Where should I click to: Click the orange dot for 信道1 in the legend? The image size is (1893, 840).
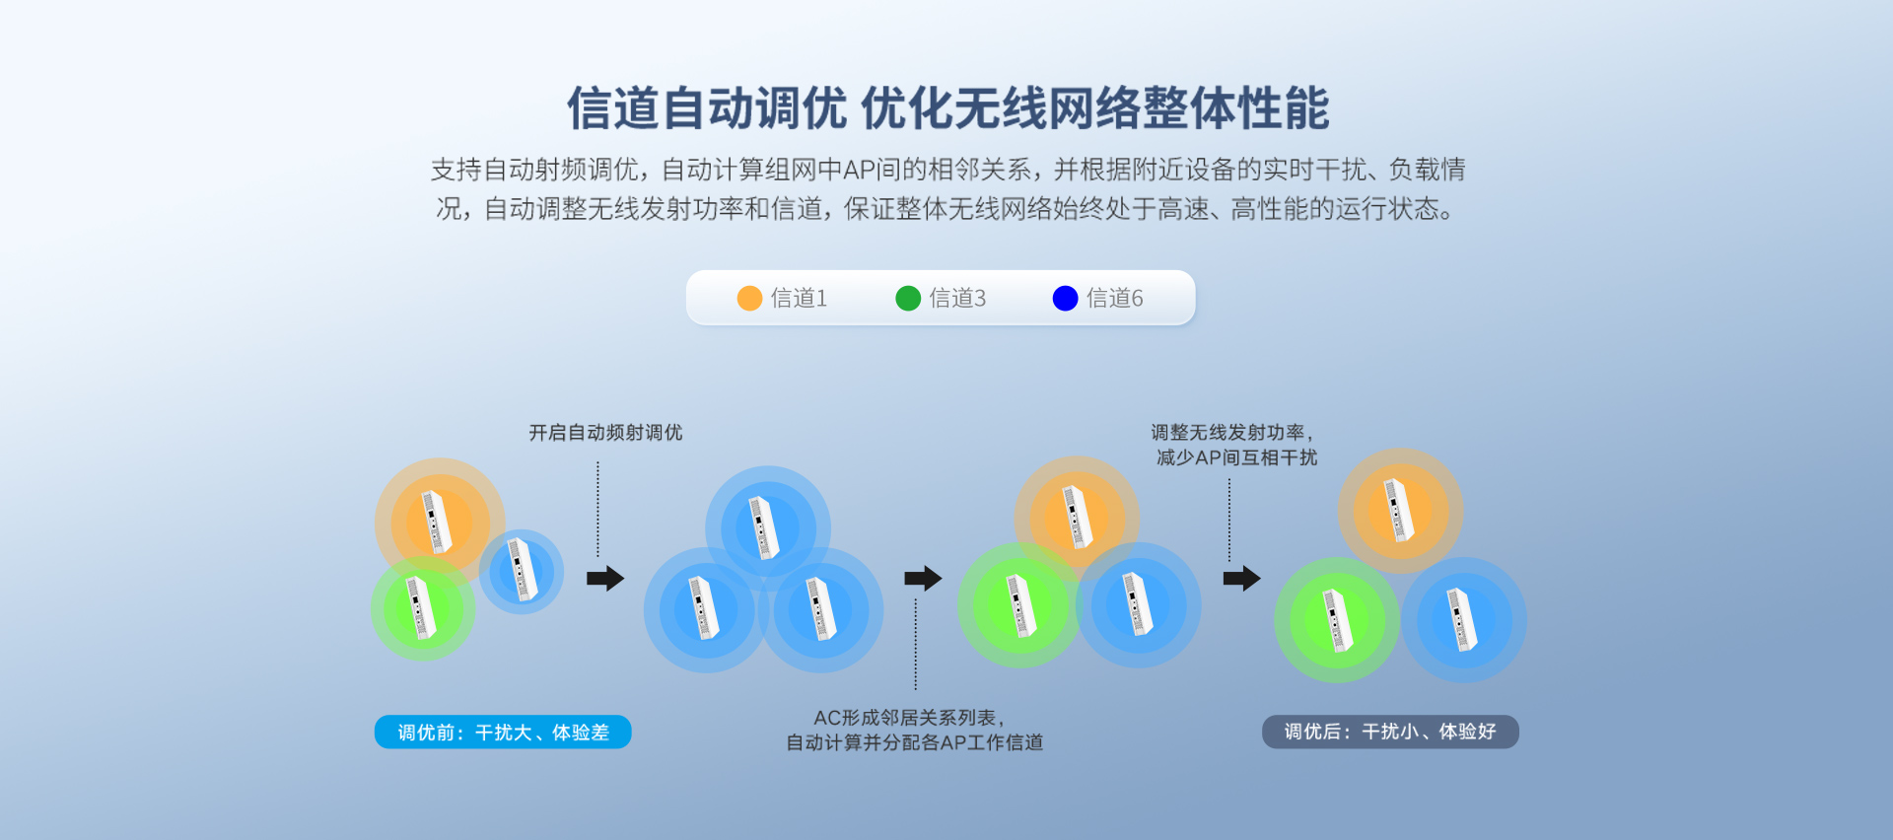pyautogui.click(x=749, y=298)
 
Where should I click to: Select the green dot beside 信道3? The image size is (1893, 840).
pyautogui.click(x=907, y=298)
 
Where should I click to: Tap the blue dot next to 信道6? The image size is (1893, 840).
pyautogui.click(x=1065, y=298)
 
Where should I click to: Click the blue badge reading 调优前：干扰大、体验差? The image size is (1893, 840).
pyautogui.click(x=503, y=732)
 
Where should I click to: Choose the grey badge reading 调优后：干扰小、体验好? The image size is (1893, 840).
pyautogui.click(x=1390, y=732)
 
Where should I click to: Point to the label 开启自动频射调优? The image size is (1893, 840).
pyautogui.click(x=605, y=433)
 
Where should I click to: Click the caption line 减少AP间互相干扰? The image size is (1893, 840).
pyautogui.click(x=1236, y=457)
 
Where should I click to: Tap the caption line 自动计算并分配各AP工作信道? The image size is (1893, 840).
pyautogui.click(x=914, y=742)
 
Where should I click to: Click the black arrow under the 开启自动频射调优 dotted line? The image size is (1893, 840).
pyautogui.click(x=605, y=578)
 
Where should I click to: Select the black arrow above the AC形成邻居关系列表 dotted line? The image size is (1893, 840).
pyautogui.click(x=923, y=578)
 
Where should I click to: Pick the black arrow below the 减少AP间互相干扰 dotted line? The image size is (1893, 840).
pyautogui.click(x=1241, y=578)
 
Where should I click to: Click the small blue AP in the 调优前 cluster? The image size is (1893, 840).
pyautogui.click(x=522, y=570)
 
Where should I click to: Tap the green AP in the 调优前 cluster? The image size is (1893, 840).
pyautogui.click(x=422, y=608)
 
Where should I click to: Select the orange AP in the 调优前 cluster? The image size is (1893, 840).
pyautogui.click(x=438, y=522)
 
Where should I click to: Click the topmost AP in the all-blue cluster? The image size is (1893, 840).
pyautogui.click(x=766, y=527)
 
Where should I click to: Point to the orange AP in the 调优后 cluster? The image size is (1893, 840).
pyautogui.click(x=1399, y=510)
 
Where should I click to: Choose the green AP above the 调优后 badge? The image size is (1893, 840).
pyautogui.click(x=1337, y=620)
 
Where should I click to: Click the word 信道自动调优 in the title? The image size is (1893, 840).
pyautogui.click(x=706, y=108)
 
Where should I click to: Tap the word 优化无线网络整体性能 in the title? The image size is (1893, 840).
pyautogui.click(x=1095, y=108)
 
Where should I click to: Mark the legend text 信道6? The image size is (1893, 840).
pyautogui.click(x=1114, y=298)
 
